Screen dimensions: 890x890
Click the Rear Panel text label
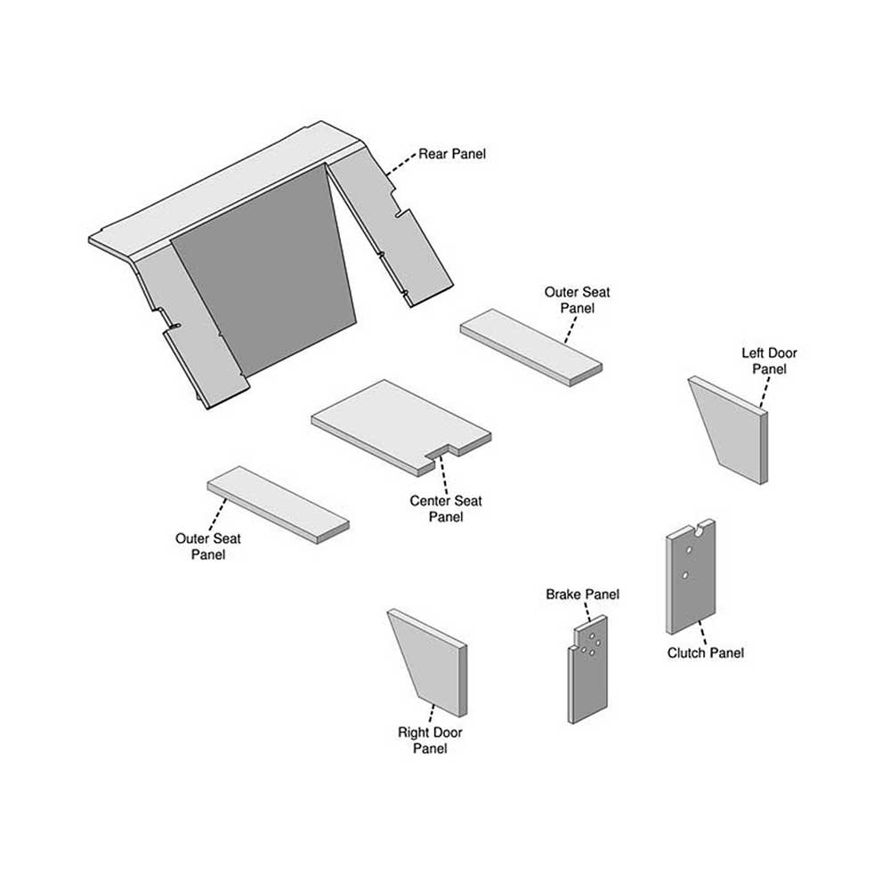click(452, 154)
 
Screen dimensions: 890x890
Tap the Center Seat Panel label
click(446, 508)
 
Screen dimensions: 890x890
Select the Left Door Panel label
click(769, 361)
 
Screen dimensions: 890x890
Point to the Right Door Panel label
click(430, 740)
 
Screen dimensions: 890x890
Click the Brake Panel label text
click(582, 595)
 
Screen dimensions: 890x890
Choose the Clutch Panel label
click(705, 652)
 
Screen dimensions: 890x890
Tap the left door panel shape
click(728, 430)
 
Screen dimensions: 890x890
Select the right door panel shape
click(427, 662)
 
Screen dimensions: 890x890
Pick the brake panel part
click(587, 669)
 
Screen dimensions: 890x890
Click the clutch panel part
click(691, 576)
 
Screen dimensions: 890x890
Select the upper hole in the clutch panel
click(689, 550)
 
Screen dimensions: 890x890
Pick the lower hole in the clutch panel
click(685, 576)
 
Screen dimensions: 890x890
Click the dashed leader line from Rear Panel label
click(400, 164)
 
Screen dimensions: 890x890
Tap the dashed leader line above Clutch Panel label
click(702, 632)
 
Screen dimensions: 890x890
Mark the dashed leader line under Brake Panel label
click(587, 612)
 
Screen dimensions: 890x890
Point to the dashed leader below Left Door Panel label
click(765, 392)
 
